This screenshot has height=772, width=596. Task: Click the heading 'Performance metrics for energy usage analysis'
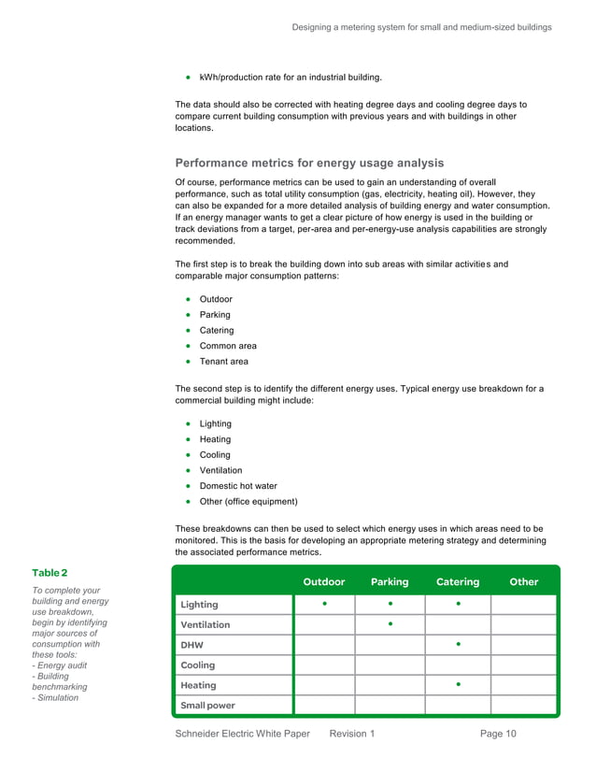309,164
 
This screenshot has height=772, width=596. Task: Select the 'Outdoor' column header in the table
323,581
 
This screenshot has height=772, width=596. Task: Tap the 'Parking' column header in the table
390,581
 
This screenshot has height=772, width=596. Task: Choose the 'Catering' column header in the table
458,581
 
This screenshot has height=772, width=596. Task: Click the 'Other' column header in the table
523,581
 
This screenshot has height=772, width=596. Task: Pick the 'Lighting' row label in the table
199,605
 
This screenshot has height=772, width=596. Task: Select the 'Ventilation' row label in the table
205,624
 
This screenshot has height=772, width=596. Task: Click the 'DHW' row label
192,645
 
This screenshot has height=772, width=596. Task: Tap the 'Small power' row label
207,706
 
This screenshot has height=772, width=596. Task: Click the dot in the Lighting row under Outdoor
324,604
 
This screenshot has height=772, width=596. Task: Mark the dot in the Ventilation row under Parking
390,623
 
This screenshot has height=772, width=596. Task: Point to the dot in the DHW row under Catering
458,644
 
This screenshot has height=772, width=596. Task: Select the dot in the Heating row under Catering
458,684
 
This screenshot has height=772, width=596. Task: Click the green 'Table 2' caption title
50,572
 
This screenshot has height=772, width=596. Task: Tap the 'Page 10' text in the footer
498,735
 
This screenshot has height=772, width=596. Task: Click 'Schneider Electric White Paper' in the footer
242,735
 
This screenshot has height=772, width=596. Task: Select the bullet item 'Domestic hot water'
238,486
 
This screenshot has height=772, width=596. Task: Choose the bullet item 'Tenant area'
224,362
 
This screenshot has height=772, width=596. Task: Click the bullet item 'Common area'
228,346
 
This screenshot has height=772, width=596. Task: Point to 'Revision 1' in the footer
352,735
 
